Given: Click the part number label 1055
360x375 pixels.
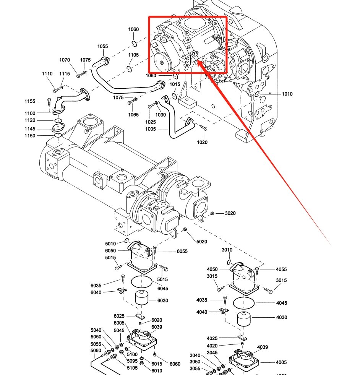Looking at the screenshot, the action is tap(102, 46).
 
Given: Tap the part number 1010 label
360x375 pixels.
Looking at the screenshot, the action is tap(287, 94).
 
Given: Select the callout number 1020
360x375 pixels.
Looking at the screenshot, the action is tap(202, 142).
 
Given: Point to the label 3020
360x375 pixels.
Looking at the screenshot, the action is tap(230, 213).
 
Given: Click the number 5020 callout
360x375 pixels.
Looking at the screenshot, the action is tap(201, 242).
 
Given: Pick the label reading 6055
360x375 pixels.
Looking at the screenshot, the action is tap(182, 251).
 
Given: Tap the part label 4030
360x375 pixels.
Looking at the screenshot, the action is tap(281, 317).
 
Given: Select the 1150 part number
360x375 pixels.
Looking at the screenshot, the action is tap(30, 136).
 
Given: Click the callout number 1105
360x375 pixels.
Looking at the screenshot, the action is tap(133, 55).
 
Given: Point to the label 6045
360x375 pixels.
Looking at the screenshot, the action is tap(162, 289).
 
